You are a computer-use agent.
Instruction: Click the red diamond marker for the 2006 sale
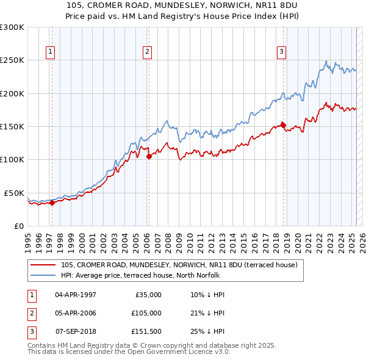click(x=149, y=156)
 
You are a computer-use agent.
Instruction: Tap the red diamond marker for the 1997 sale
click(x=52, y=203)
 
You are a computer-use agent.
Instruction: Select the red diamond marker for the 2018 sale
click(x=283, y=126)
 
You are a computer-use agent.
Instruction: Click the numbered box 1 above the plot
click(x=49, y=52)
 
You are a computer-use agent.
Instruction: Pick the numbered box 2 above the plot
click(x=148, y=52)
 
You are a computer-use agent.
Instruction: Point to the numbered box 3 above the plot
click(x=281, y=52)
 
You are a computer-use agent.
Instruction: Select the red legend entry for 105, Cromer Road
click(x=179, y=265)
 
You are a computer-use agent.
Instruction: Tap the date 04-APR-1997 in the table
click(x=76, y=295)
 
